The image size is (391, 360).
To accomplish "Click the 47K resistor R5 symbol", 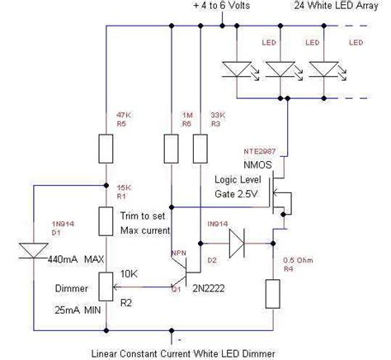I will [106, 149].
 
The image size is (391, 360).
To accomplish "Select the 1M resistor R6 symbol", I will [170, 149].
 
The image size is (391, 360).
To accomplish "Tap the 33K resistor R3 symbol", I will [199, 149].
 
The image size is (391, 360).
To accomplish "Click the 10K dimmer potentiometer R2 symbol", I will [106, 285].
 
